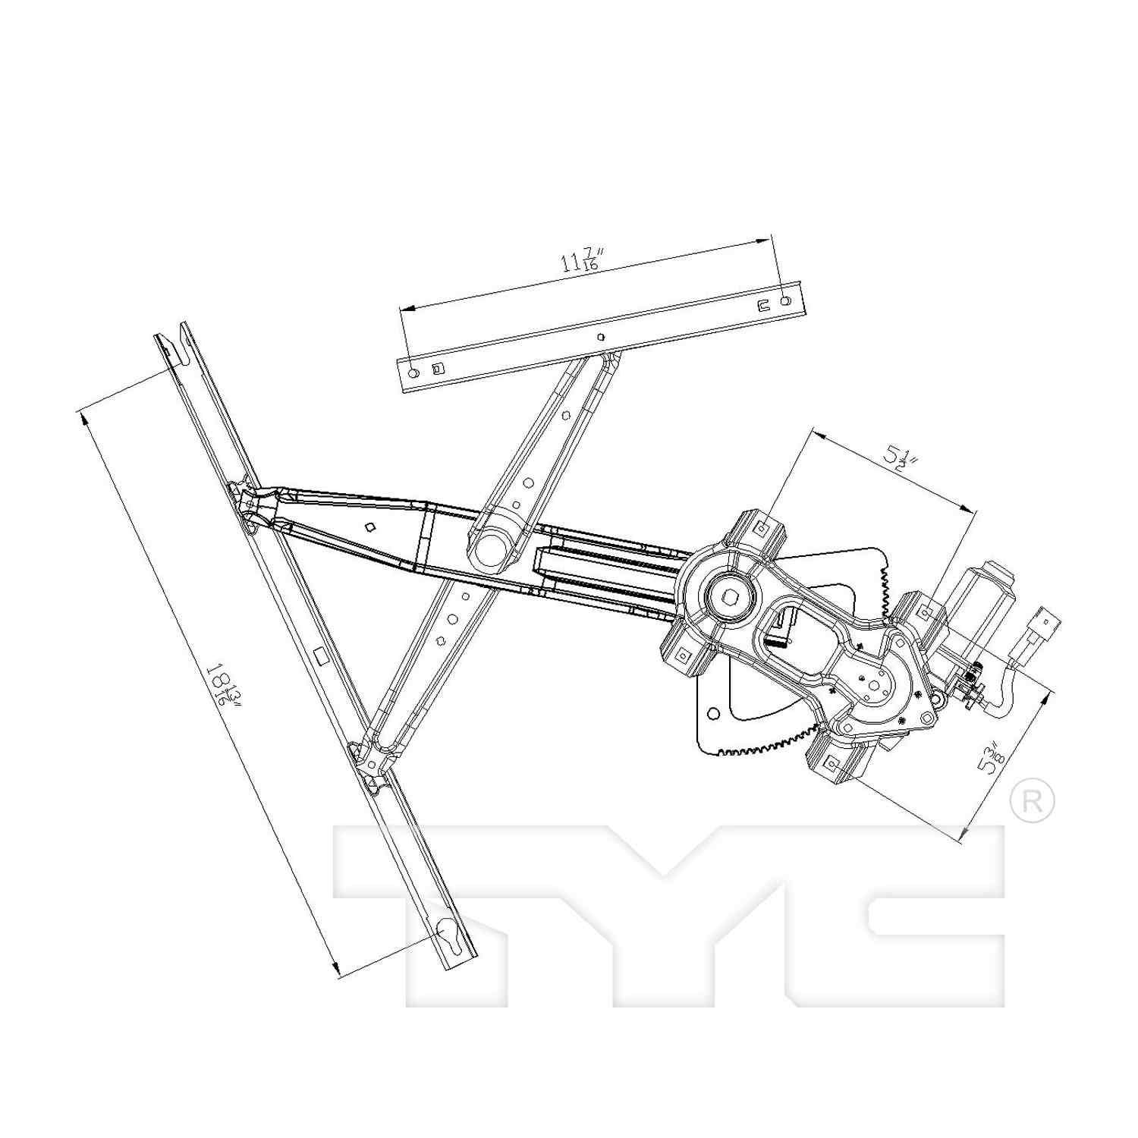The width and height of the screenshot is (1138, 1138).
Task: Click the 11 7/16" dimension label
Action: click(581, 261)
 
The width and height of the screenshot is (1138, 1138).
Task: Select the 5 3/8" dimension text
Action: click(991, 759)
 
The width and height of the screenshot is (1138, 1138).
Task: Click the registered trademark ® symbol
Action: click(1033, 801)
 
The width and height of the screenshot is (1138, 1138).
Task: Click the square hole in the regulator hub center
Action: click(730, 596)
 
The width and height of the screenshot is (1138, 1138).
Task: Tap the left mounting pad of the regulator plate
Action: click(683, 652)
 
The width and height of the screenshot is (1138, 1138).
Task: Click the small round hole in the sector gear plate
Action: click(713, 713)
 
